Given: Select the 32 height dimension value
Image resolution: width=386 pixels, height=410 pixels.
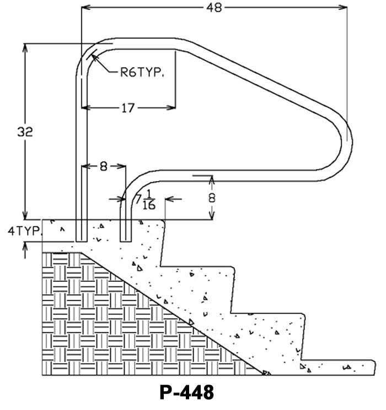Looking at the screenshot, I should (25, 132).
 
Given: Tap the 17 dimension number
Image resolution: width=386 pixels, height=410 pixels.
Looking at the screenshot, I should (127, 108).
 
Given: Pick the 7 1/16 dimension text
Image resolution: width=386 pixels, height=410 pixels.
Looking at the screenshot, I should (144, 200).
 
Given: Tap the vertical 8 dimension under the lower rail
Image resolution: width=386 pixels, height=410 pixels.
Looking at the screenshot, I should (212, 198).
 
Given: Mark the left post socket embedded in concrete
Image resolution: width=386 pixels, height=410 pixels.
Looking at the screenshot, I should (82, 231).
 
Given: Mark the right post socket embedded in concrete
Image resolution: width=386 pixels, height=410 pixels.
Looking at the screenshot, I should (126, 231).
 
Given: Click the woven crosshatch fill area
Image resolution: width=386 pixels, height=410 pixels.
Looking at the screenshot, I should (110, 325).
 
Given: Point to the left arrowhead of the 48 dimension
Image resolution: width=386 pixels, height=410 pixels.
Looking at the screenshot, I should (84, 8).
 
